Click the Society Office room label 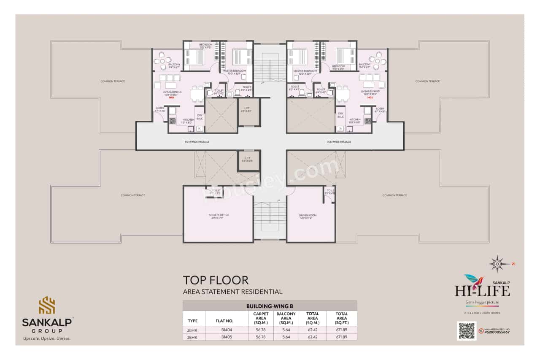(219, 216)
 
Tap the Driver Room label (308, 216)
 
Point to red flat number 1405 (370, 97)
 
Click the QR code (467, 331)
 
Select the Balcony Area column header (286, 318)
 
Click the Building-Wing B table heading (270, 306)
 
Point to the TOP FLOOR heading (215, 280)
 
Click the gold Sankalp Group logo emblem (47, 305)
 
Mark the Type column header (192, 321)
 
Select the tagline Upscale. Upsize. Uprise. (47, 338)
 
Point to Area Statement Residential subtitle (232, 292)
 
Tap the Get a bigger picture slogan (482, 302)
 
